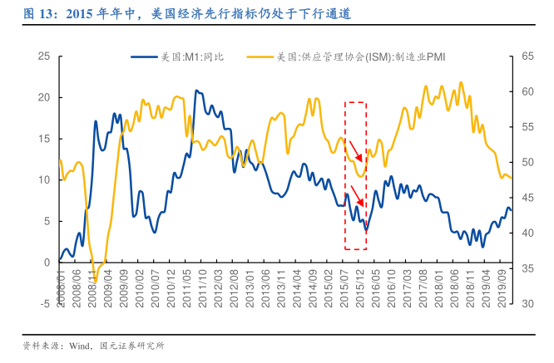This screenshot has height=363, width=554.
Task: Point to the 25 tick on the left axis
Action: point(43,56)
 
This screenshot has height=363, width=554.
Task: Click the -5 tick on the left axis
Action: point(43,303)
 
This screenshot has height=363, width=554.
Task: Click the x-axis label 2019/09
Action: point(504,287)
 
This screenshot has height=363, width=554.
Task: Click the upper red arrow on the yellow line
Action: point(356,151)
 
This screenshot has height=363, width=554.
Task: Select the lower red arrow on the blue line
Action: point(357,197)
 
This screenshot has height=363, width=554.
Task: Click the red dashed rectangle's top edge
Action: point(356,103)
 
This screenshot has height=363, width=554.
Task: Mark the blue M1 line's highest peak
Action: point(196,91)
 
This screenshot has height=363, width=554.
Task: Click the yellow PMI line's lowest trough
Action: point(96,281)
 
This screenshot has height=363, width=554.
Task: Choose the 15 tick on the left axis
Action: point(43,139)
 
